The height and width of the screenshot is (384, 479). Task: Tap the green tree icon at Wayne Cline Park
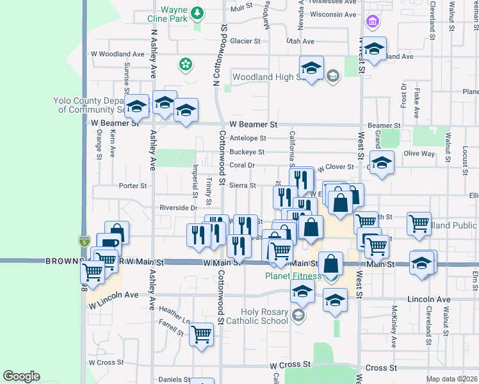coord(198,12)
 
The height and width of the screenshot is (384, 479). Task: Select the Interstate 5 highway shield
coord(85,241)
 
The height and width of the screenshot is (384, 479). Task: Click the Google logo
coord(21,376)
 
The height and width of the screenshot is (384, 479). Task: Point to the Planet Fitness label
coord(293,276)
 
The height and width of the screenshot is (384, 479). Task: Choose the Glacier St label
coord(245,41)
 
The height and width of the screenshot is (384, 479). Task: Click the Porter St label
coord(133,186)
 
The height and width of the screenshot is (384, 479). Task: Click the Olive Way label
coord(419,154)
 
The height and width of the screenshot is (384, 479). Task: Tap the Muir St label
coord(241,8)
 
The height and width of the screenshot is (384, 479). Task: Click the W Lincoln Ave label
coord(113,296)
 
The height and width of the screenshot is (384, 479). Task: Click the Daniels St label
coord(174,380)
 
